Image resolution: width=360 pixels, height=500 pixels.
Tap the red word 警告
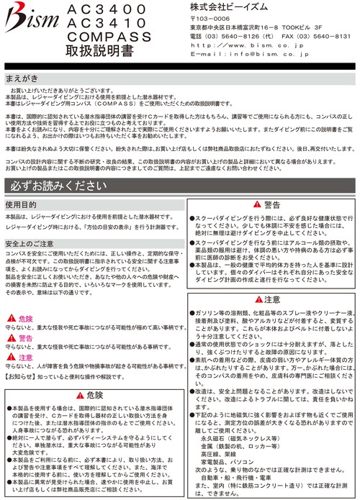(x=25, y=337)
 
